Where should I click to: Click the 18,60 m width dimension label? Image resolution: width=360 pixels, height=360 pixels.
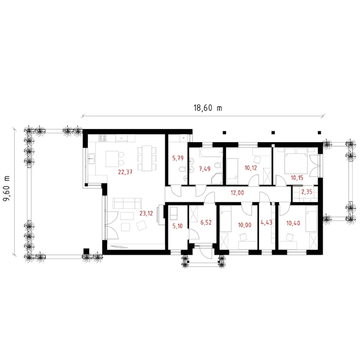point(208,108)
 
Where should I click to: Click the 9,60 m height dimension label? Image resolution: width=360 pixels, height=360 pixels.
point(6,188)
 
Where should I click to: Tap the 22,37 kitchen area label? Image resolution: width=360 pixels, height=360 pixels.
point(125,172)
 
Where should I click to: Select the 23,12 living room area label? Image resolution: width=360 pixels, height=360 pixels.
point(146,213)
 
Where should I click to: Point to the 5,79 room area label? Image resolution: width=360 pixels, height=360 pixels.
point(178,158)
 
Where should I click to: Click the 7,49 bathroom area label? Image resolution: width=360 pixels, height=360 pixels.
point(205,169)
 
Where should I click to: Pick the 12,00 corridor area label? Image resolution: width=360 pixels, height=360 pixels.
point(237,193)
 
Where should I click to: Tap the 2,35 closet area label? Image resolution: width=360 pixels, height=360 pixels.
point(307,192)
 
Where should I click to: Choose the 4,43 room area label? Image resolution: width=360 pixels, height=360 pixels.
point(266,223)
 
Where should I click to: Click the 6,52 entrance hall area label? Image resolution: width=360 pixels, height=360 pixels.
point(206,222)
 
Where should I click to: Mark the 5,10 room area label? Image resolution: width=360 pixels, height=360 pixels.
point(178,226)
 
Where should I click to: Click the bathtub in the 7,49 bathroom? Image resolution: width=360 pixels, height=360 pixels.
point(211,152)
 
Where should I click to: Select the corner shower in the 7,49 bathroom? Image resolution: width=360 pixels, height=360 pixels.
point(217,179)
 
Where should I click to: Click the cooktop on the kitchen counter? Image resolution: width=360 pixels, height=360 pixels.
point(103,138)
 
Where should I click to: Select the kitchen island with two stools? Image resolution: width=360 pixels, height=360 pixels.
point(115,159)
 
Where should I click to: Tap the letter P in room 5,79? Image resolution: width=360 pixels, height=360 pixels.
point(183,138)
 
